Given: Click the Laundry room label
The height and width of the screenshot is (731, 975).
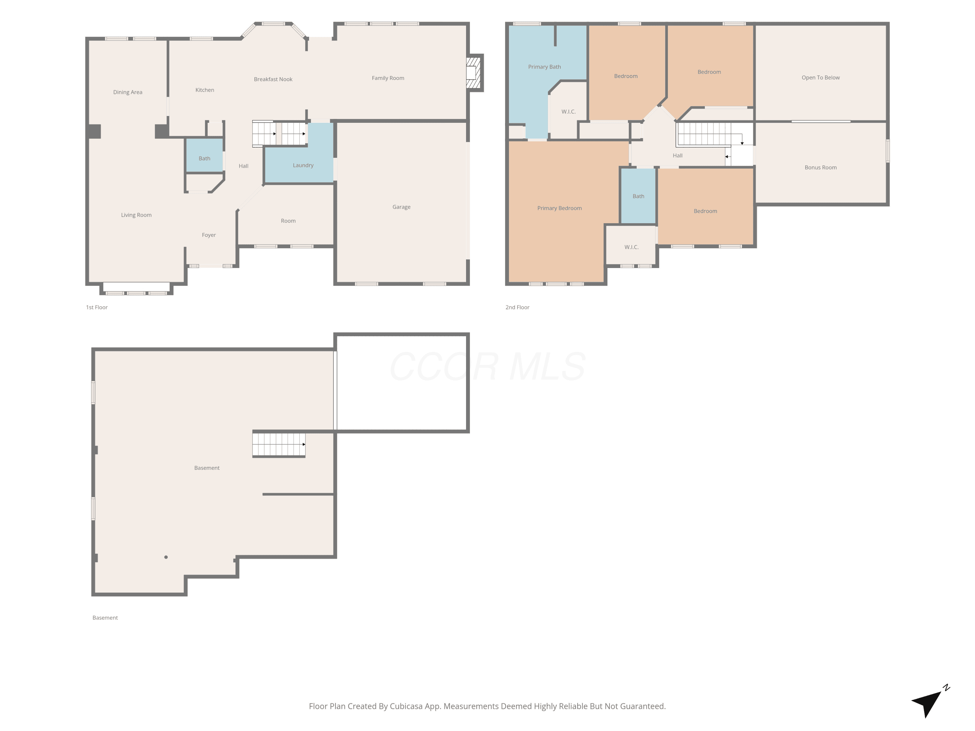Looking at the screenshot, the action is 303,165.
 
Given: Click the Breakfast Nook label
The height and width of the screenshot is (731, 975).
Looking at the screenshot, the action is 273,79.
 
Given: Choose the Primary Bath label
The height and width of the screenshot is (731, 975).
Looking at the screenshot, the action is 545,67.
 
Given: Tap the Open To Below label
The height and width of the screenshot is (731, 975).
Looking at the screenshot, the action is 821,78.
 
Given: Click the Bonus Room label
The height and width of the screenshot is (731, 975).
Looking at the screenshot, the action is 821,167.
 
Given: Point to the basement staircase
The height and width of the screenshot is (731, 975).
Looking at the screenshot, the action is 279,444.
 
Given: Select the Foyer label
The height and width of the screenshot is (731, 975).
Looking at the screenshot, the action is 209,235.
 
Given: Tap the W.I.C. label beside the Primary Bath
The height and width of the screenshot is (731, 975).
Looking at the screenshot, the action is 569,112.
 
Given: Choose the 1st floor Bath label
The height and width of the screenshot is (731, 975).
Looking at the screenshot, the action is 204,159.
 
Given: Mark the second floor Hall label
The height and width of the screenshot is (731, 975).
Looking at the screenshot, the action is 678,156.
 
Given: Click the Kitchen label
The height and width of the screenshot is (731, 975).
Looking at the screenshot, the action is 205,90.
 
